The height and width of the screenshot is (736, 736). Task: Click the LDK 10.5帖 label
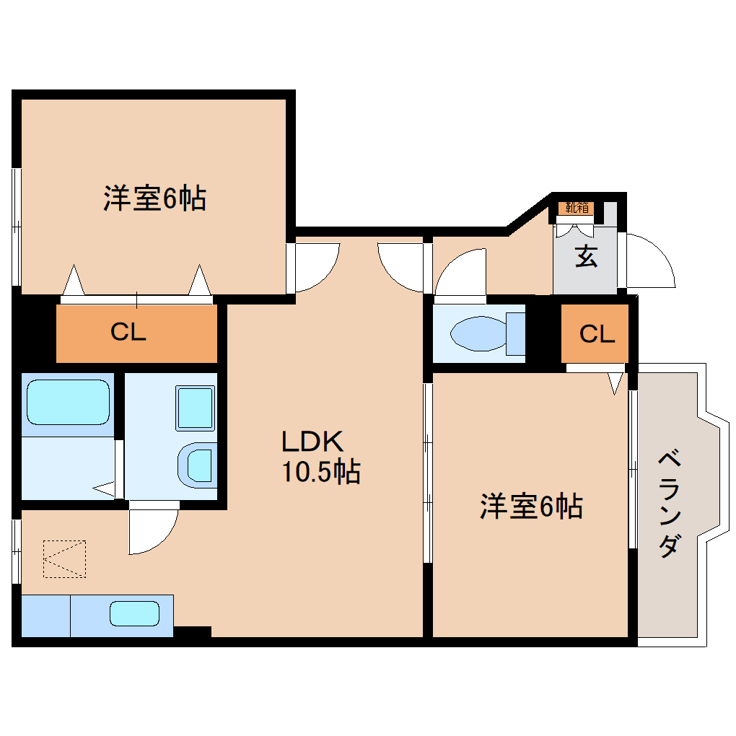coord(320,456)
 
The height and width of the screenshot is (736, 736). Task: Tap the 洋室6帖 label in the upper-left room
coord(154,198)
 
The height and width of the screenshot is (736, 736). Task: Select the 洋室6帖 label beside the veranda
coord(531,507)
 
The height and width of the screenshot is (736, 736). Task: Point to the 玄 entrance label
coord(586,257)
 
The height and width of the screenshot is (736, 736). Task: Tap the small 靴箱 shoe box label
coord(577,208)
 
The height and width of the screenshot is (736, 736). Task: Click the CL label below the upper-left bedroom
coord(128,333)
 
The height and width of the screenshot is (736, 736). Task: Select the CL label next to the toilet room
coord(597,333)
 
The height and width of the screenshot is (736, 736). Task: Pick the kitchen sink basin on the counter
coord(134,614)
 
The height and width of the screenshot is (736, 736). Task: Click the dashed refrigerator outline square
coord(64,559)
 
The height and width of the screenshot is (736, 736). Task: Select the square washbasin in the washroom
coord(196,408)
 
